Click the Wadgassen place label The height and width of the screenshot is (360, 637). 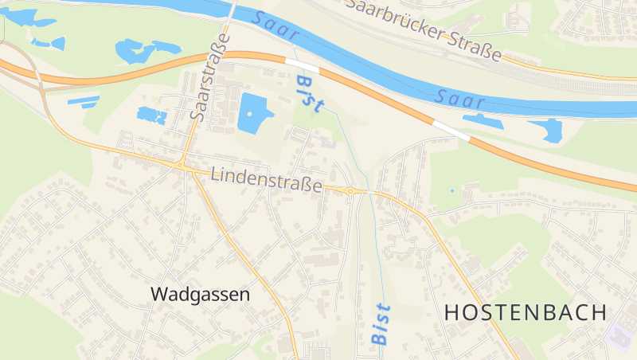200,294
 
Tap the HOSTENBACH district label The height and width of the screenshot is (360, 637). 526,312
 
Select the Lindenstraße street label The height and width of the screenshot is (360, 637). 267,180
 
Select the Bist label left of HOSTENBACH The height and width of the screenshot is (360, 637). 381,324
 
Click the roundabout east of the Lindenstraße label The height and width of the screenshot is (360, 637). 350,190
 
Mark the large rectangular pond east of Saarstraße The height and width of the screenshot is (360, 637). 254,112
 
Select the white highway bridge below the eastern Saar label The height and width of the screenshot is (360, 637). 451,131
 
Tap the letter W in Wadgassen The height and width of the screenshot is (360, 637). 158,294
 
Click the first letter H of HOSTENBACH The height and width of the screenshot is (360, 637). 451,312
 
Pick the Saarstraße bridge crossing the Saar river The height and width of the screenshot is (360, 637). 233,12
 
